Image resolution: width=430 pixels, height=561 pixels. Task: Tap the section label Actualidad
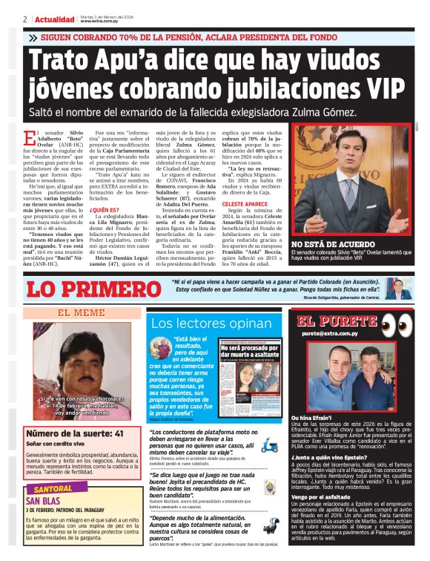tap(56, 19)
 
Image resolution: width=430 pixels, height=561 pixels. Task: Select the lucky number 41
tap(116, 433)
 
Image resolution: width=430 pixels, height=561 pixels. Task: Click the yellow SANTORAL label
tap(53, 490)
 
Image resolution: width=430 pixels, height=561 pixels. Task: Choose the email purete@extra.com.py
tap(330, 334)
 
